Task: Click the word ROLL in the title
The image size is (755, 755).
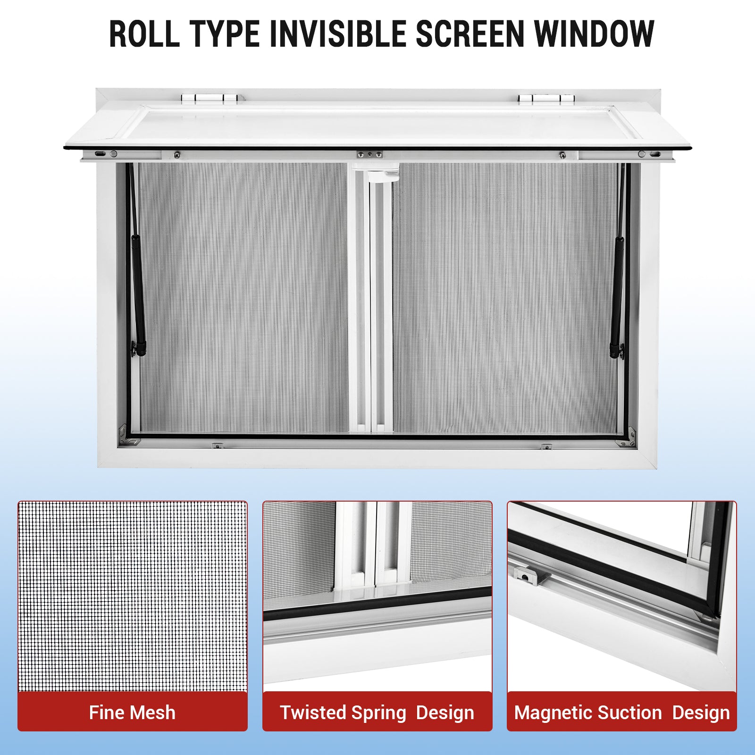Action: pyautogui.click(x=144, y=34)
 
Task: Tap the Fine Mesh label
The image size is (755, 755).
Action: pyautogui.click(x=132, y=713)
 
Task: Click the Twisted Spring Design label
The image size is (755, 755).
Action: pyautogui.click(x=377, y=713)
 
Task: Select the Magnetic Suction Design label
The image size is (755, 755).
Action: pyautogui.click(x=622, y=713)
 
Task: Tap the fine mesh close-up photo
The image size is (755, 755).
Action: pyautogui.click(x=133, y=596)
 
